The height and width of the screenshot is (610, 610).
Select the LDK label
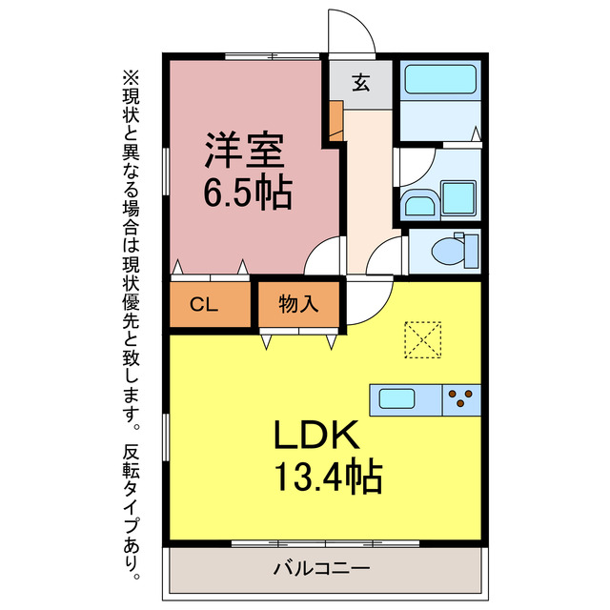click(316, 436)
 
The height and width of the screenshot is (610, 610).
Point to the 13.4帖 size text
click(328, 476)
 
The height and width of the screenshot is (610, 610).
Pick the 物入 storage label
click(298, 305)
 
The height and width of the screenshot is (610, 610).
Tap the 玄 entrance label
click(361, 83)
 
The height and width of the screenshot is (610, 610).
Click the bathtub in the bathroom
click(439, 81)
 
